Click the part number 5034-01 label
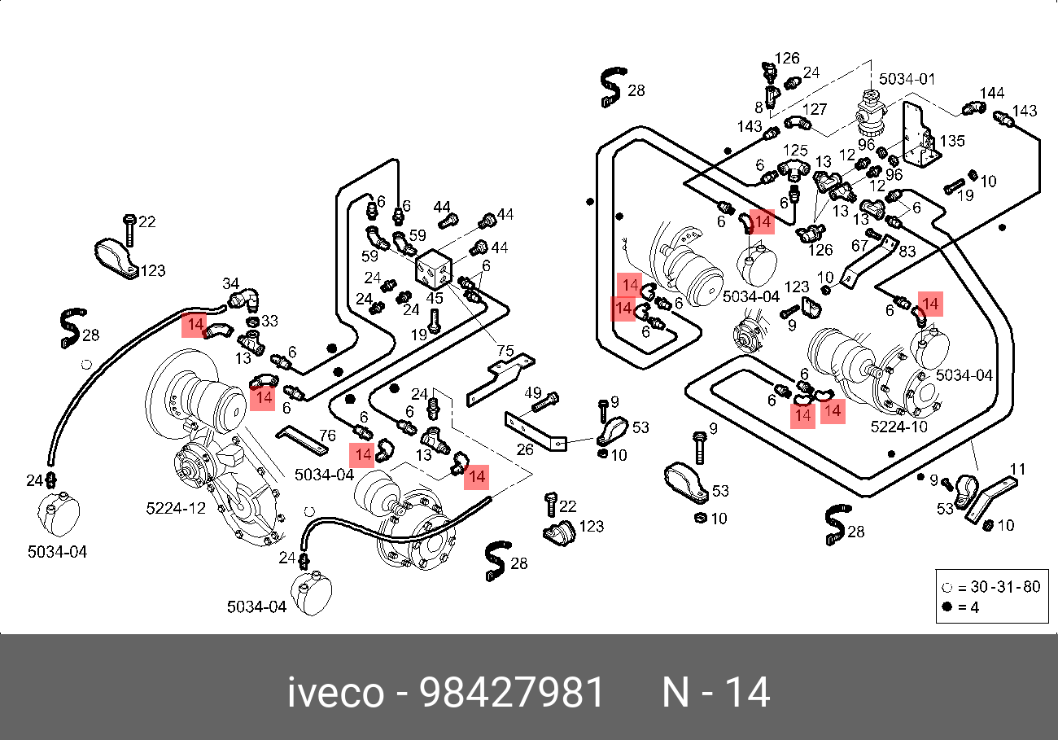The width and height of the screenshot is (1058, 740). click(x=907, y=79)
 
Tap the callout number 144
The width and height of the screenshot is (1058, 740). click(x=992, y=93)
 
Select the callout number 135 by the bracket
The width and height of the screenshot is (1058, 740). click(x=951, y=141)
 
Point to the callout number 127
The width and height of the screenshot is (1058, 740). click(x=815, y=109)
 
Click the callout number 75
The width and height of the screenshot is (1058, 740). click(x=505, y=351)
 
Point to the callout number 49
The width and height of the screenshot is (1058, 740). click(x=533, y=392)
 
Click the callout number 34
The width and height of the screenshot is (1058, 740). click(x=231, y=283)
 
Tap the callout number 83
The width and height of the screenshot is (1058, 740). click(x=907, y=252)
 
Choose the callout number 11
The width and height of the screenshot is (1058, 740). click(x=1018, y=469)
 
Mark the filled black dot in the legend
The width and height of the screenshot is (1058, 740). click(x=947, y=606)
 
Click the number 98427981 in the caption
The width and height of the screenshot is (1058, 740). click(x=512, y=693)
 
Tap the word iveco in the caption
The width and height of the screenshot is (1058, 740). click(x=335, y=693)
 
